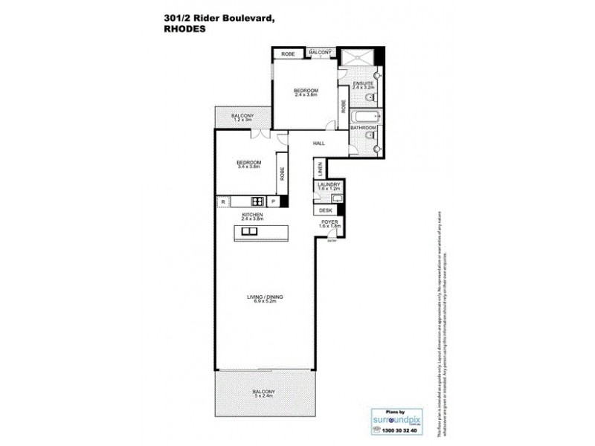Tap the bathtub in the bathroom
tap(364, 117)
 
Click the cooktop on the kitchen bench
tap(257, 201)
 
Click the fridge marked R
tap(222, 201)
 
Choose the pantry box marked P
tap(273, 201)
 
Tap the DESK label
tap(327, 211)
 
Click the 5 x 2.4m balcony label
tap(263, 396)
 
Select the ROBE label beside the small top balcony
tap(286, 53)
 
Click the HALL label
tap(318, 143)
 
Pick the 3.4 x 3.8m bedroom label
tap(248, 167)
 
